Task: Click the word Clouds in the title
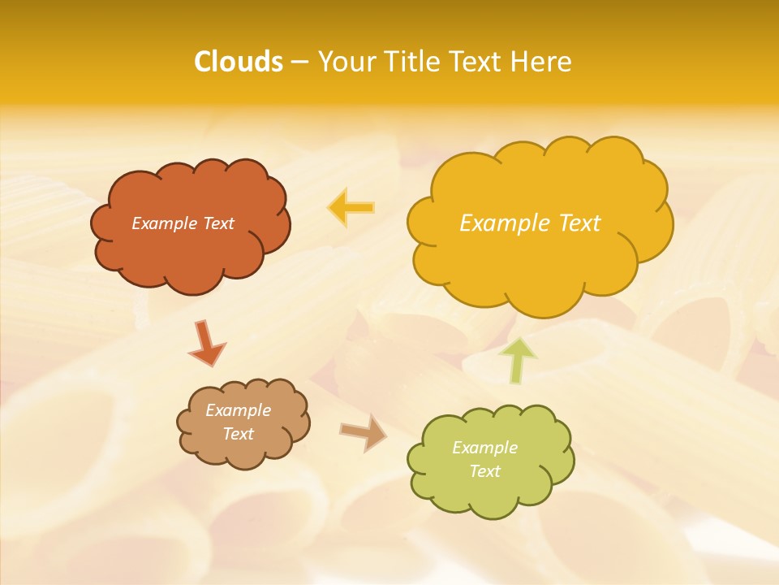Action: (x=238, y=62)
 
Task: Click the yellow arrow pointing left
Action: (x=351, y=207)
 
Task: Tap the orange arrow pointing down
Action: (x=207, y=343)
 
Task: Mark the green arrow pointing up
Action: (x=519, y=359)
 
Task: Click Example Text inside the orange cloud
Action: (x=183, y=223)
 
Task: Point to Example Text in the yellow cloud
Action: (x=530, y=223)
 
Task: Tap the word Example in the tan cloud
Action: (x=238, y=410)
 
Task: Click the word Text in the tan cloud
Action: (x=238, y=434)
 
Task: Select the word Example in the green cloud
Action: (x=484, y=448)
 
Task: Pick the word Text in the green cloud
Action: (x=484, y=471)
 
